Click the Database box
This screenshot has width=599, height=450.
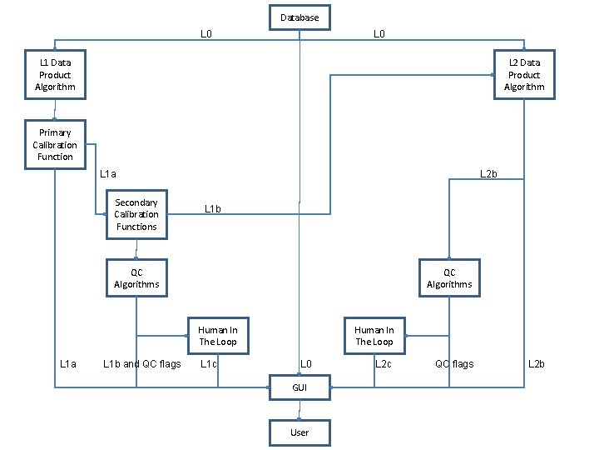point(299,17)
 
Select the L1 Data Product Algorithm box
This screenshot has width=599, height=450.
point(55,75)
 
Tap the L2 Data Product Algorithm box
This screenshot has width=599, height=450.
point(524,75)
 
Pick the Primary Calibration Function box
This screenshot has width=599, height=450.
point(55,145)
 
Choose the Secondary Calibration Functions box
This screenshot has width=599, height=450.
point(136,215)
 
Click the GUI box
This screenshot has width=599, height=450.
point(299,387)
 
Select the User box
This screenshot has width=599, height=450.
point(299,432)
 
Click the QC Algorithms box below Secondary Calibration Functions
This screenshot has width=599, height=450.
point(136,278)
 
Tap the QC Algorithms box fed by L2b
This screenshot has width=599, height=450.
point(449,278)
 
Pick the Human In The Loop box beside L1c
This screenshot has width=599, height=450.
point(217,336)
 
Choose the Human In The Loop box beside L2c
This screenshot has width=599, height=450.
point(374,336)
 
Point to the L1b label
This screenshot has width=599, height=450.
point(212,208)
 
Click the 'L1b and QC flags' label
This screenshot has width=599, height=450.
point(141,363)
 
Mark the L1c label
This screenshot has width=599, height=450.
point(209,363)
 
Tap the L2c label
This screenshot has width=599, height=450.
point(384,363)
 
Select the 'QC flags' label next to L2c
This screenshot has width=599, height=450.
point(454,363)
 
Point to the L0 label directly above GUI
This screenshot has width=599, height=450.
point(305,363)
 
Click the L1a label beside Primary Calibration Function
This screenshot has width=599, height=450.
point(107,174)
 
